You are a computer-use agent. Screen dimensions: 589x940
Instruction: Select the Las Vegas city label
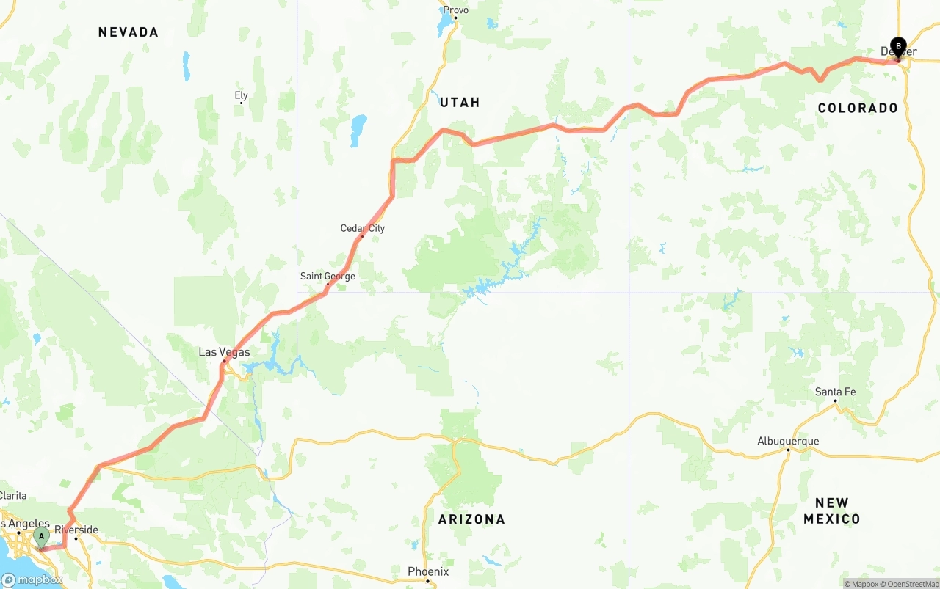pyautogui.click(x=224, y=352)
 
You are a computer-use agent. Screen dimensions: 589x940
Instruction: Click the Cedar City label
pyautogui.click(x=362, y=228)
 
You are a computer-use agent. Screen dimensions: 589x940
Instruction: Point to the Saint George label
pyautogui.click(x=328, y=276)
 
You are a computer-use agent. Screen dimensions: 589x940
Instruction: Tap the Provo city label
pyautogui.click(x=455, y=10)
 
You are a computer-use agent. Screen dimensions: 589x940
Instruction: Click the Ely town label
pyautogui.click(x=241, y=95)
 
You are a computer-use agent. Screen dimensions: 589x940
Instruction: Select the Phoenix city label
pyautogui.click(x=428, y=571)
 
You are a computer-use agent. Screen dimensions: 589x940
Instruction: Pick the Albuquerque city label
pyautogui.click(x=788, y=441)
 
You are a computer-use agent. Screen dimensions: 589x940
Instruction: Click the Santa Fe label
pyautogui.click(x=835, y=392)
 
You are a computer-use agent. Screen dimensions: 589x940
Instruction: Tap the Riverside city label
pyautogui.click(x=76, y=530)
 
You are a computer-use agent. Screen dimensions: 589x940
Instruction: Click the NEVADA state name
pyautogui.click(x=129, y=32)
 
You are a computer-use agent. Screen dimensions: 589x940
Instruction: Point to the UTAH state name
pyautogui.click(x=460, y=103)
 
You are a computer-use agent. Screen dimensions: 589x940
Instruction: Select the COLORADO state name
pyautogui.click(x=858, y=109)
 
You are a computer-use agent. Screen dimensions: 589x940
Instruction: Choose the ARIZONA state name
pyautogui.click(x=471, y=519)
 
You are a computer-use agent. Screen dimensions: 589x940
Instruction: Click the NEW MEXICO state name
pyautogui.click(x=831, y=511)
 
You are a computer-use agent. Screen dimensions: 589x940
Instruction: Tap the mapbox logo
pyautogui.click(x=32, y=579)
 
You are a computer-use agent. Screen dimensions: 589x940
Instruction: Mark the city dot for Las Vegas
pyautogui.click(x=224, y=361)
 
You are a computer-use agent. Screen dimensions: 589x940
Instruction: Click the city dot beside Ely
pyautogui.click(x=241, y=103)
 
